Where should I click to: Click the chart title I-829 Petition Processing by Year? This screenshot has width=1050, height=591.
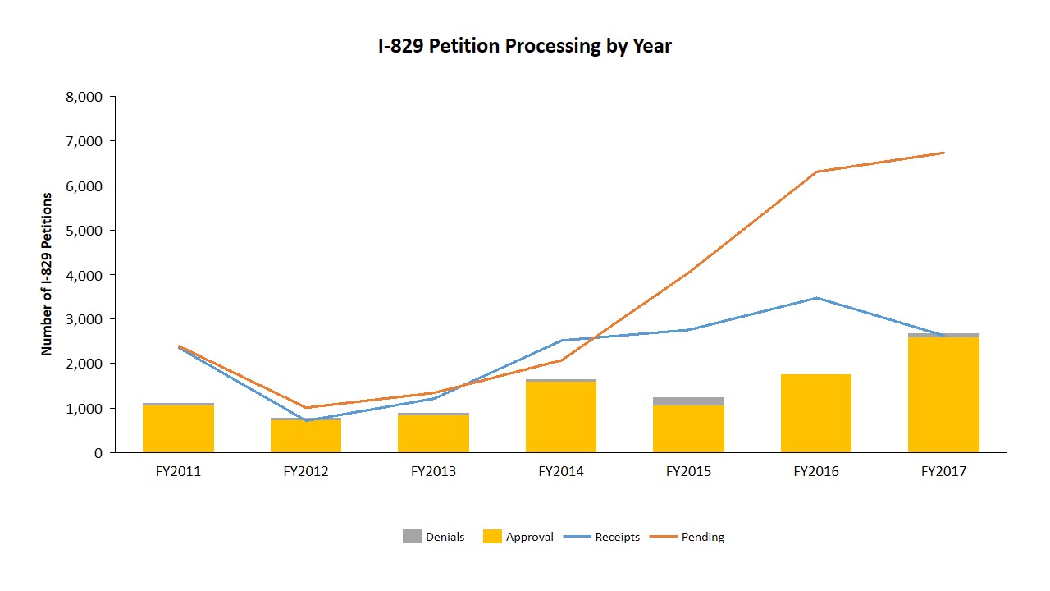(524, 46)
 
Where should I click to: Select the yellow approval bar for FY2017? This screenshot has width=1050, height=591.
(943, 394)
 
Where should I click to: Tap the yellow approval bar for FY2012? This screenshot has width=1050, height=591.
(306, 436)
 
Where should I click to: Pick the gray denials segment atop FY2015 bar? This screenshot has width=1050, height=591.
(688, 401)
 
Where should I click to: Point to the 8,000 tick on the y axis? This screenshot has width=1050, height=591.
(82, 97)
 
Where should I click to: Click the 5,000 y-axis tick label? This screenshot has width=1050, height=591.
(82, 231)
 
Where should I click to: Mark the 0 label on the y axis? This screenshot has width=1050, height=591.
(98, 453)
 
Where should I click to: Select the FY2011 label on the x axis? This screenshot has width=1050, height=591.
(178, 472)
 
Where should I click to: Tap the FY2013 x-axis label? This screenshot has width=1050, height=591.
(433, 472)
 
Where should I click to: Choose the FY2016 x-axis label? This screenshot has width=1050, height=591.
(816, 472)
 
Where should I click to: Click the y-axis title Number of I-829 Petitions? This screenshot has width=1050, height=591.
(47, 274)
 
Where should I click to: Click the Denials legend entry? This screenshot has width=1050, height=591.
(433, 537)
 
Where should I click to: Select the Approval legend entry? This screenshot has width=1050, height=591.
(518, 537)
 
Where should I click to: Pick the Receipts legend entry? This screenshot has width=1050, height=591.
(605, 537)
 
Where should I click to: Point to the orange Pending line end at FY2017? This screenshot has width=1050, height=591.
(944, 153)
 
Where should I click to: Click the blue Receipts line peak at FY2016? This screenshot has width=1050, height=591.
(816, 298)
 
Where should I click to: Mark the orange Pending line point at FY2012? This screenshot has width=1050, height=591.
(306, 407)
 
